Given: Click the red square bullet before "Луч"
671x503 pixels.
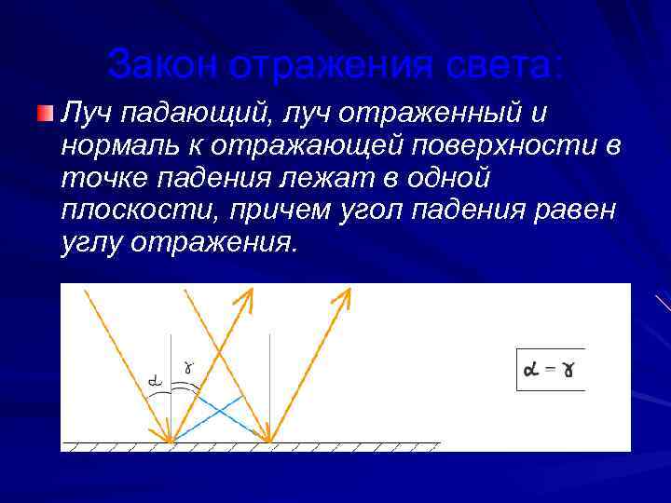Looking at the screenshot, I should click(45, 114).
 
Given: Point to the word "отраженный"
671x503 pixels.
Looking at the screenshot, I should click(429, 114).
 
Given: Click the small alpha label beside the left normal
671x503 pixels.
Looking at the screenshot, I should click(156, 380).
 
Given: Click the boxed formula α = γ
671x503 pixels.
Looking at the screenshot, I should click(550, 369).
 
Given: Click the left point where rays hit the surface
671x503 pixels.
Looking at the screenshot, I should click(171, 441).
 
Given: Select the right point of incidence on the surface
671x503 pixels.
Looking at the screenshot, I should click(270, 441).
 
